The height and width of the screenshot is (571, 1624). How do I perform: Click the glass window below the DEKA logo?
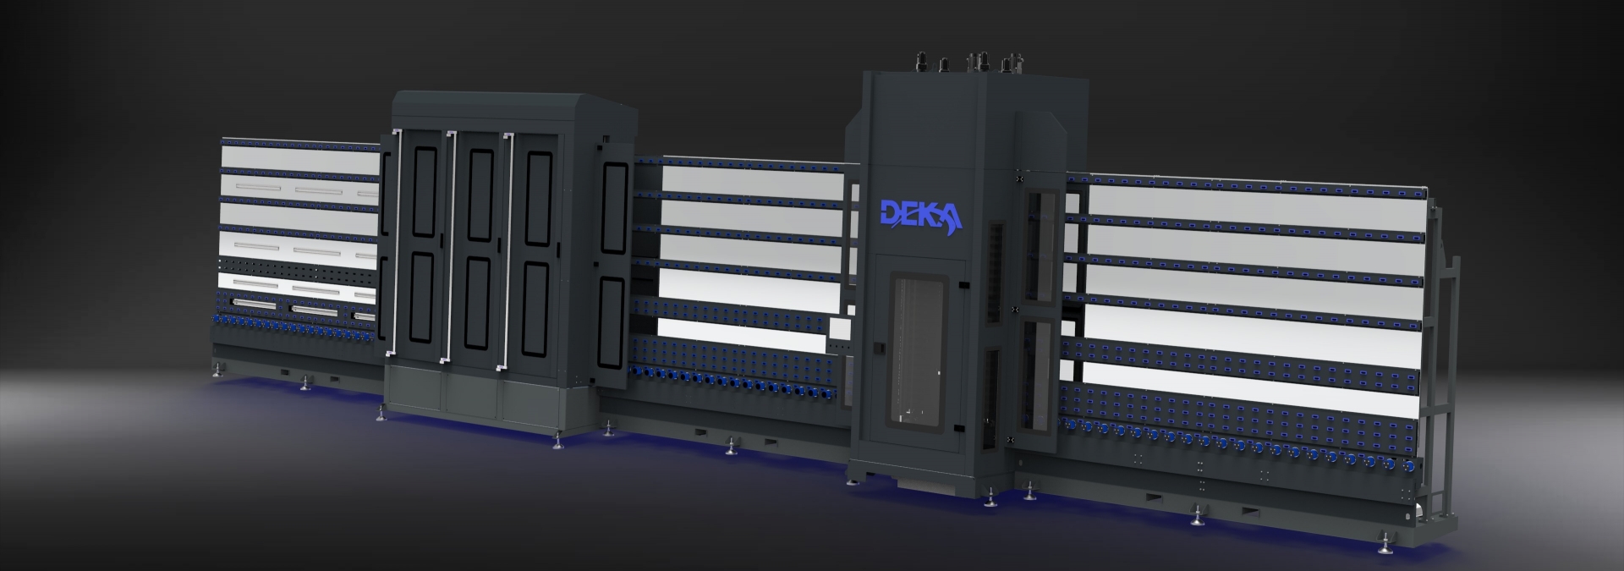point(918,347)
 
